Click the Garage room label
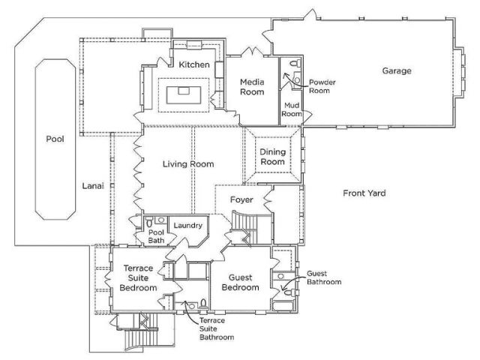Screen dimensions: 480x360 pyautogui.click(x=397, y=71)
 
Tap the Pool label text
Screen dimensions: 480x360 pyautogui.click(x=55, y=139)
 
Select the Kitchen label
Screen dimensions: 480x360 pyautogui.click(x=194, y=64)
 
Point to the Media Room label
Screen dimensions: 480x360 pyautogui.click(x=252, y=87)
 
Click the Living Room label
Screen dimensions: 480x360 pyautogui.click(x=188, y=164)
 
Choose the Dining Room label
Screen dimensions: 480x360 pyautogui.click(x=272, y=157)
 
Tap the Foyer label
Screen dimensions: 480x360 pyautogui.click(x=241, y=200)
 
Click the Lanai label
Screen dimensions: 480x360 pyautogui.click(x=93, y=186)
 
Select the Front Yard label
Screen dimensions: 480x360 pyautogui.click(x=364, y=193)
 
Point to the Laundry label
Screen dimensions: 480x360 pyautogui.click(x=188, y=226)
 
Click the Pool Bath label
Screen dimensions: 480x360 pyautogui.click(x=156, y=236)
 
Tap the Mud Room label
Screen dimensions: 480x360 pyautogui.click(x=292, y=109)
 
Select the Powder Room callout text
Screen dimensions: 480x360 pyautogui.click(x=322, y=86)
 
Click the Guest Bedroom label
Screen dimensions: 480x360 pyautogui.click(x=240, y=283)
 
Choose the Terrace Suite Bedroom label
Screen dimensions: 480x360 pyautogui.click(x=138, y=278)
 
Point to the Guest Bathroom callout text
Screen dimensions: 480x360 pyautogui.click(x=324, y=277)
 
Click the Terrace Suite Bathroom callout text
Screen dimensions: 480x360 pyautogui.click(x=217, y=328)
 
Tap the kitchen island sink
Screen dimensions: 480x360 pyautogui.click(x=184, y=90)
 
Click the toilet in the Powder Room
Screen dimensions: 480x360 pyautogui.click(x=295, y=63)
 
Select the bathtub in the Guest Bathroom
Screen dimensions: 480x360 pyautogui.click(x=283, y=306)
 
